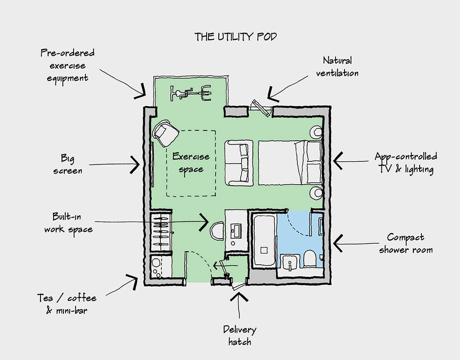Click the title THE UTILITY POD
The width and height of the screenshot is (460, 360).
click(x=235, y=37)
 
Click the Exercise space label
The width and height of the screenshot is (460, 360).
click(x=191, y=163)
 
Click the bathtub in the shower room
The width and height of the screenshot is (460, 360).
click(x=264, y=240)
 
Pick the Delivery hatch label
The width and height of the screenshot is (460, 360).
click(x=239, y=335)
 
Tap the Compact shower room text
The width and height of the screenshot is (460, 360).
click(x=405, y=243)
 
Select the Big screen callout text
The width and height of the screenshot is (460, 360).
click(x=68, y=164)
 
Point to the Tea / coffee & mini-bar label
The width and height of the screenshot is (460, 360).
click(x=66, y=304)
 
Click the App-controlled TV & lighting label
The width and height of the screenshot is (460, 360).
click(x=406, y=163)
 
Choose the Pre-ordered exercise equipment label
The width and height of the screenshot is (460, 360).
click(x=67, y=65)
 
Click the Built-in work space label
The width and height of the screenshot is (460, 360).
click(x=68, y=222)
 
